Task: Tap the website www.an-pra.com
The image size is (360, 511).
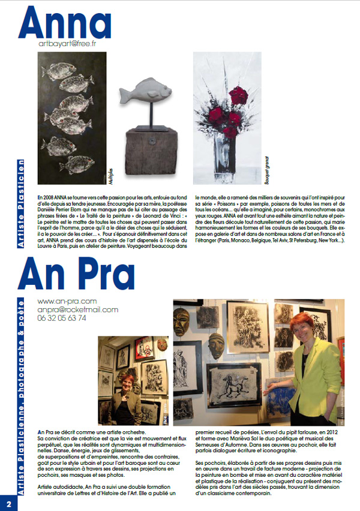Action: pos(67,300)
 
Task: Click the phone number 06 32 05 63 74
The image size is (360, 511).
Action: pos(62,318)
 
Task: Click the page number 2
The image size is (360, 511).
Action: pos(8,503)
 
